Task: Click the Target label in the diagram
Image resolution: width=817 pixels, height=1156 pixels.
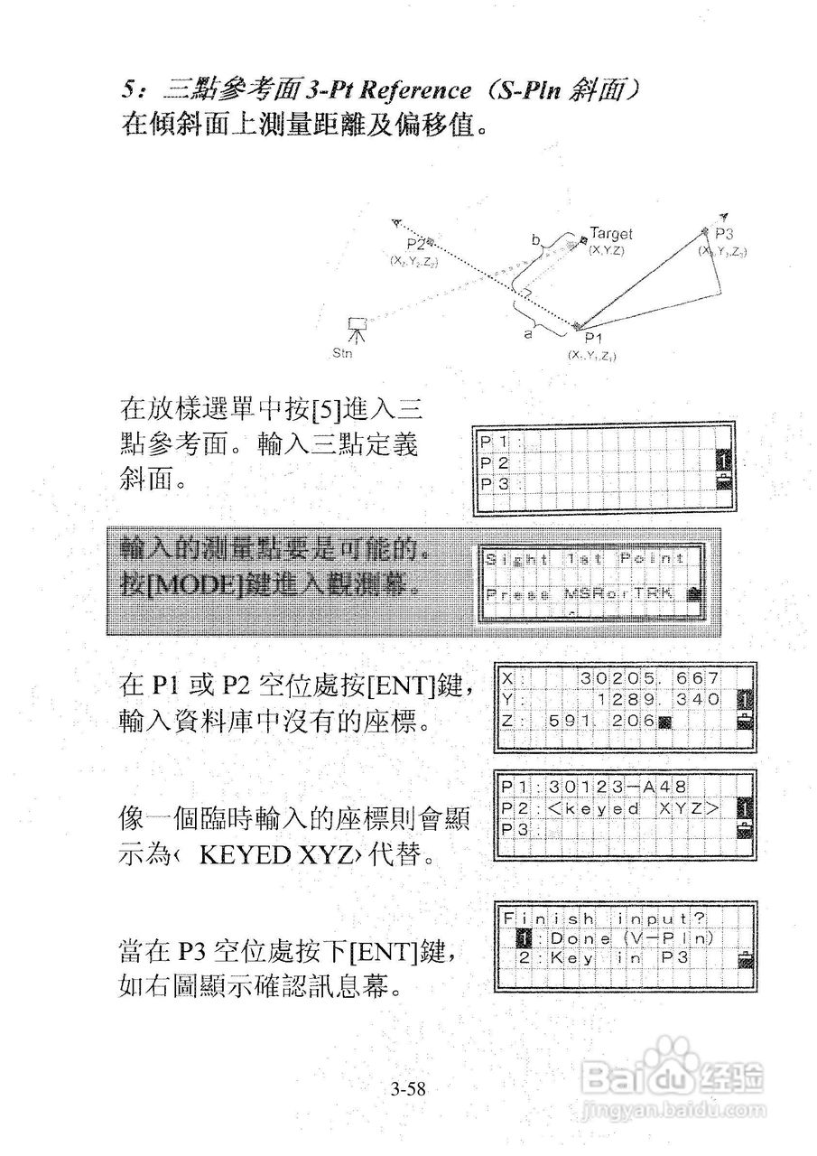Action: click(x=611, y=234)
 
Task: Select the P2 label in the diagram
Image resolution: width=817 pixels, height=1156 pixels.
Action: click(x=415, y=244)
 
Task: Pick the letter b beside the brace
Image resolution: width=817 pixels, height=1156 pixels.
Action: click(x=535, y=240)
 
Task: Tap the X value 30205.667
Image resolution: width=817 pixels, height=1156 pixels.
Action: click(x=650, y=678)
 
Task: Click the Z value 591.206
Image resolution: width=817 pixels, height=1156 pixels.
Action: click(x=595, y=721)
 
